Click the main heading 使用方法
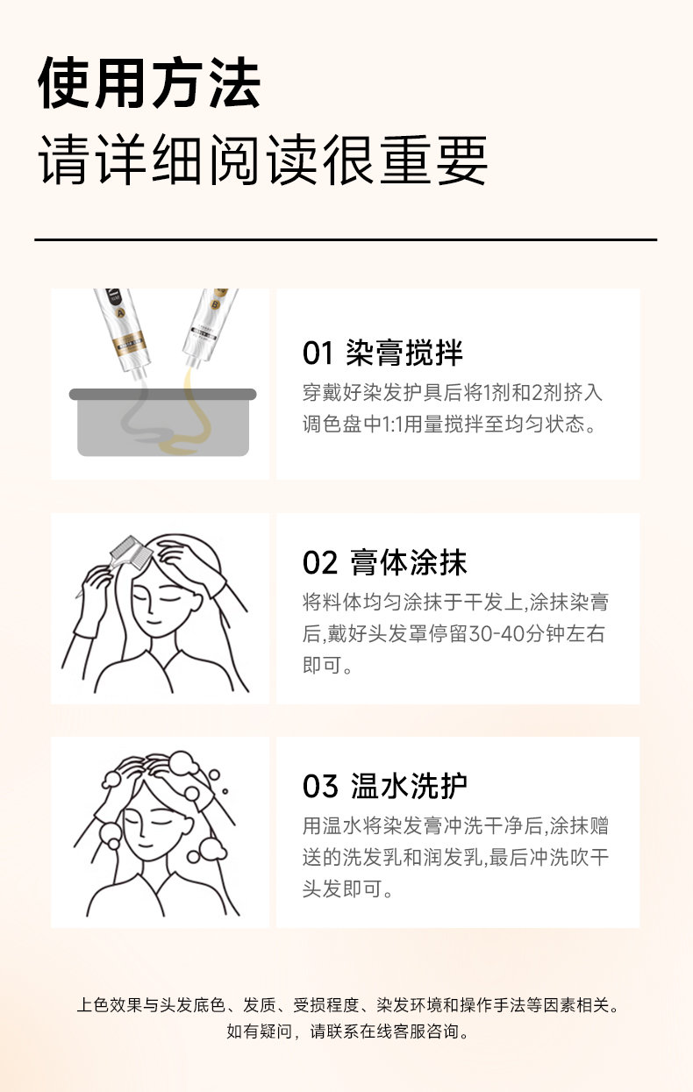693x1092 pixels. click(x=149, y=82)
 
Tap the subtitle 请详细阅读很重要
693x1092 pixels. click(x=263, y=160)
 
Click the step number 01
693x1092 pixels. click(x=318, y=353)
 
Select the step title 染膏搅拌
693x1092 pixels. click(x=404, y=352)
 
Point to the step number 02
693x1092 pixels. click(x=319, y=562)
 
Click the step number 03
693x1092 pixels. click(x=320, y=787)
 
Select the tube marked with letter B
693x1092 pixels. click(x=210, y=325)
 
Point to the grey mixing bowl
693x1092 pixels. click(x=163, y=422)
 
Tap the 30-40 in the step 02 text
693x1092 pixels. click(x=496, y=634)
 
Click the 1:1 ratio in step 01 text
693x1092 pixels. click(x=393, y=425)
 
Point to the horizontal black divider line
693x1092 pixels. click(x=346, y=239)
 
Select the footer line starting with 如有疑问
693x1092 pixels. click(x=347, y=1031)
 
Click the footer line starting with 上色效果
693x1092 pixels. click(x=347, y=1005)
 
